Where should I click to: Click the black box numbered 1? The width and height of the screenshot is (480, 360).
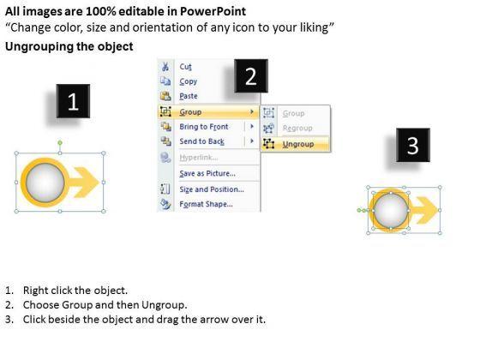(73, 101)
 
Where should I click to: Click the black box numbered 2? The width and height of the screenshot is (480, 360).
(251, 76)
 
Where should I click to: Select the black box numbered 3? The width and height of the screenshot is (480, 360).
(413, 145)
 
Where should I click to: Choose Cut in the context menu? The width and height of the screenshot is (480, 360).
(185, 67)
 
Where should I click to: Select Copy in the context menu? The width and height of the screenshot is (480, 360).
(189, 81)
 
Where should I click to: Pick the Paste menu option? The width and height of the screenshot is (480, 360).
(189, 96)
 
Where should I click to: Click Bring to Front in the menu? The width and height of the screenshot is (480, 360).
(204, 127)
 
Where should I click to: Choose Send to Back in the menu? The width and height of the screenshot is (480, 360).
(202, 141)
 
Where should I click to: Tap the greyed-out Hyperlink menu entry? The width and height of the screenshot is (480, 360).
(199, 158)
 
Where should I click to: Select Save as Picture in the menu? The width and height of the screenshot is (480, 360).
(207, 173)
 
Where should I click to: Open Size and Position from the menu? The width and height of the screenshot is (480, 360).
(212, 189)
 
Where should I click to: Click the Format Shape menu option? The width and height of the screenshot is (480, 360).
(206, 204)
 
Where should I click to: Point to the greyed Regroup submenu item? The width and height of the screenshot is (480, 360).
(297, 128)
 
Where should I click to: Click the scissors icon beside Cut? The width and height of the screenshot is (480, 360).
(165, 67)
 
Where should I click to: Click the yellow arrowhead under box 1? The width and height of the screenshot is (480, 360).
(89, 182)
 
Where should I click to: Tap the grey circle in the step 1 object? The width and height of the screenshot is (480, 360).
(45, 183)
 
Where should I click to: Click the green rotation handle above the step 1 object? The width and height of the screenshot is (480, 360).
(60, 142)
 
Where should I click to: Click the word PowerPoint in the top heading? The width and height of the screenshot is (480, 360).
(213, 11)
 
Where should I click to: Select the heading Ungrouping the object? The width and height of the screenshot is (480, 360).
(69, 46)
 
